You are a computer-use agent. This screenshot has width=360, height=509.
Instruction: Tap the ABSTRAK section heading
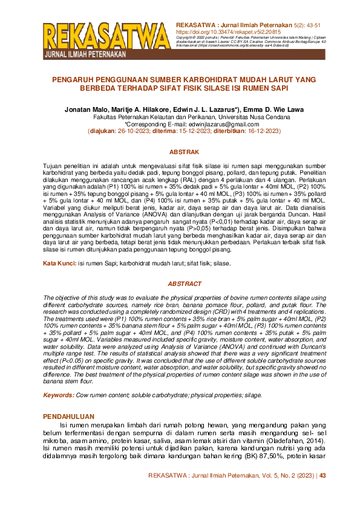point(180,153)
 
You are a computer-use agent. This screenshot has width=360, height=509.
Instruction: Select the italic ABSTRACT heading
point(180,284)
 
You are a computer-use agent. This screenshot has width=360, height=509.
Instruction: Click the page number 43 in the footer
point(322,476)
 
